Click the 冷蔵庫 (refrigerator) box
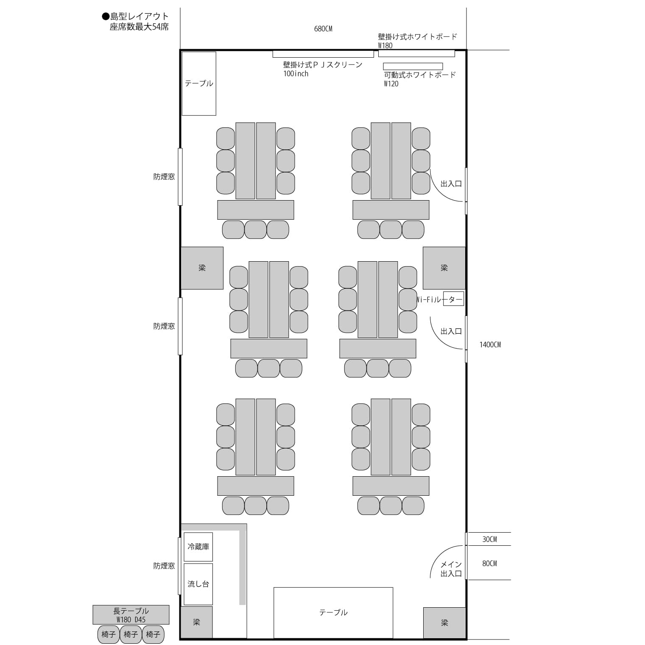[x=198, y=547]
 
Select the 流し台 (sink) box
[x=198, y=584]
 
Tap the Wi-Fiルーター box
[x=453, y=299]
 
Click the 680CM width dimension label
[x=323, y=29]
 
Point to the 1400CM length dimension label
[x=490, y=345]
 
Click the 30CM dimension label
[x=489, y=539]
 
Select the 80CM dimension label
[x=489, y=564]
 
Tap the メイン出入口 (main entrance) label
[x=451, y=569]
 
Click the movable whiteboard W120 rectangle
[x=413, y=67]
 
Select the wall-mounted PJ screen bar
[x=323, y=54]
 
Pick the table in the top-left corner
[x=199, y=84]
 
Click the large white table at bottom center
[x=333, y=613]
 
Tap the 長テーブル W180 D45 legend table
[x=131, y=615]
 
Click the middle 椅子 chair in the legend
[x=131, y=634]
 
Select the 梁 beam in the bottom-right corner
[x=444, y=623]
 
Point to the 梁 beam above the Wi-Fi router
[x=444, y=268]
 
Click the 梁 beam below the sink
[x=196, y=622]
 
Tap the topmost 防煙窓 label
[x=164, y=177]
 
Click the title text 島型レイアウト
[x=140, y=17]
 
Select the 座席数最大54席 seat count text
[x=139, y=27]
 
